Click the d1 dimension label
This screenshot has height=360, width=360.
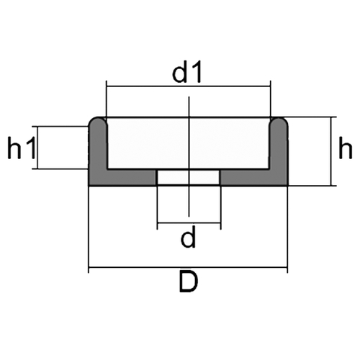[186, 72]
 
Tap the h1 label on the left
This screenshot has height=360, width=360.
[22, 148]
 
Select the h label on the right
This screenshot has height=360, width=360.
[345, 148]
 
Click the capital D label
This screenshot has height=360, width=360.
[189, 282]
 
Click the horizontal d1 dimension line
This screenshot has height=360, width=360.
[189, 86]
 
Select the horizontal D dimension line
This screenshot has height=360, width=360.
[188, 266]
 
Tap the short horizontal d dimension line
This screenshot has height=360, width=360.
[189, 223]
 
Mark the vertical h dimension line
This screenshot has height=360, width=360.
[331, 151]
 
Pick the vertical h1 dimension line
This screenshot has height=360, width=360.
[37, 148]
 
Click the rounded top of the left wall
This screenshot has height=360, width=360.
[98, 120]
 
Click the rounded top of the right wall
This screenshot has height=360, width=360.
[279, 120]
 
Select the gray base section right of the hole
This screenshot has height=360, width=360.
[254, 178]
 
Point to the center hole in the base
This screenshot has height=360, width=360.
[189, 178]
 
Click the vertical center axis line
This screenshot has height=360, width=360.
[189, 156]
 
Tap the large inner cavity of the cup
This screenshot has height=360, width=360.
[189, 143]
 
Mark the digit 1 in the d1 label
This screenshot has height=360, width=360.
[197, 72]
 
